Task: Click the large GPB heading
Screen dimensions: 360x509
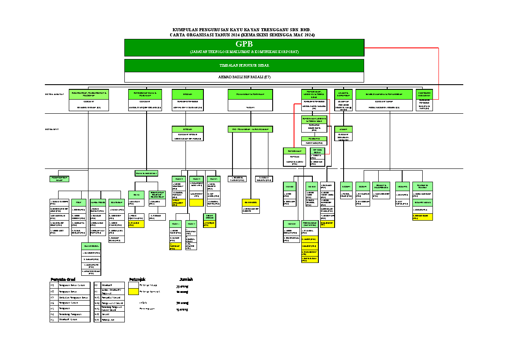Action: [x=244, y=44]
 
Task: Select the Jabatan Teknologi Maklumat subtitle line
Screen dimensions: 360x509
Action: [x=244, y=52]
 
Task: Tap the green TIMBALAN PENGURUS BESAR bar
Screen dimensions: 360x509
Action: [x=244, y=65]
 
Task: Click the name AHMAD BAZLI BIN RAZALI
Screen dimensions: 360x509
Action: [x=244, y=77]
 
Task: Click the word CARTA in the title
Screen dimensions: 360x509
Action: [x=177, y=35]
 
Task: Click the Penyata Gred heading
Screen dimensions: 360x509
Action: [x=63, y=280]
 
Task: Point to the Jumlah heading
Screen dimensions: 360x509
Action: [x=186, y=280]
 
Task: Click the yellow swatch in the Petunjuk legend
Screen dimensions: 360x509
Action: [x=134, y=292]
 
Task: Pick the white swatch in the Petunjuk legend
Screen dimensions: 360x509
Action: [x=134, y=285]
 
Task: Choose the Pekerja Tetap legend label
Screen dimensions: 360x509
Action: [x=148, y=285]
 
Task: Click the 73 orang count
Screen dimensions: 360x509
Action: [x=182, y=286]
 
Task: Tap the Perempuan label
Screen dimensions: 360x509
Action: [x=147, y=309]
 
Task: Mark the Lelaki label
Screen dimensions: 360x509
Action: [x=143, y=303]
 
